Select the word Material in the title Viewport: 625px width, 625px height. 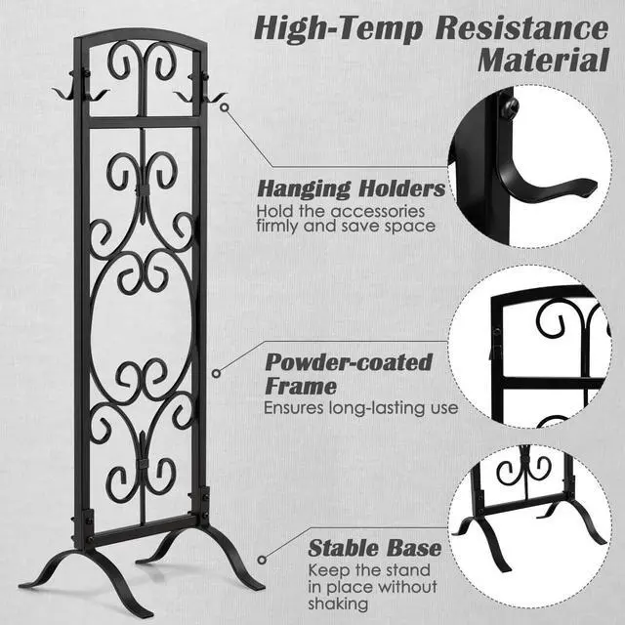[543, 60]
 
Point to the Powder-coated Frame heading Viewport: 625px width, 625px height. [348, 374]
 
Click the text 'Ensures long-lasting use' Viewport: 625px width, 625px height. [360, 407]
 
